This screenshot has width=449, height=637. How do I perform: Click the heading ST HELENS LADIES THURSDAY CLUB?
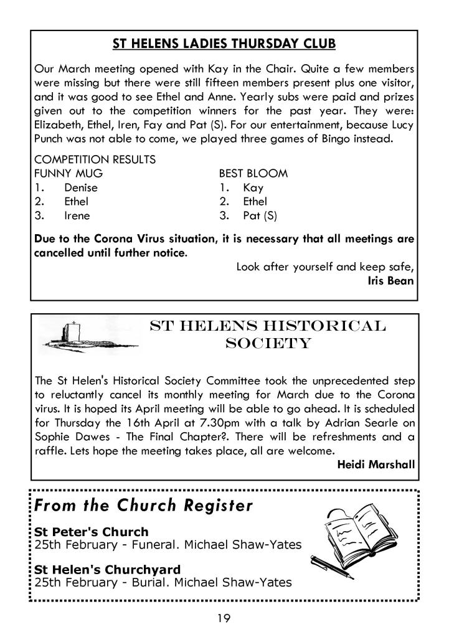tap(224, 44)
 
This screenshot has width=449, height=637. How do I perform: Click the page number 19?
tap(224, 617)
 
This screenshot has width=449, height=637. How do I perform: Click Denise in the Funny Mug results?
tap(81, 187)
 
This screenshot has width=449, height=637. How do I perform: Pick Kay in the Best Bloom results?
tap(253, 187)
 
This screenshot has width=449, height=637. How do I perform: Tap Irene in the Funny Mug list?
tap(77, 216)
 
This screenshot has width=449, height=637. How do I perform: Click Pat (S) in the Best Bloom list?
tap(260, 216)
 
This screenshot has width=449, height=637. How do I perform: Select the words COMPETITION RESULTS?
tap(95, 159)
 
